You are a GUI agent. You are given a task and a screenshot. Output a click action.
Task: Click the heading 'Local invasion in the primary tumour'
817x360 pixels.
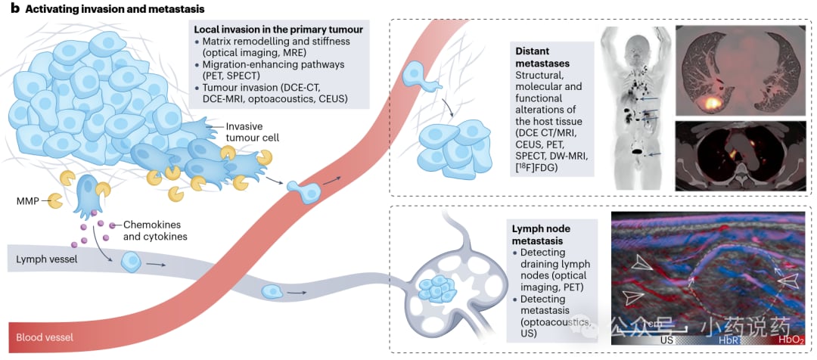click(278, 29)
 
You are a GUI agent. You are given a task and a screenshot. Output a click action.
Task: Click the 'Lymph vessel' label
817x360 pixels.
click(41, 259)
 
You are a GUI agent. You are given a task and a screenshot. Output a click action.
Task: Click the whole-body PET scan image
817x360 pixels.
click(635, 108)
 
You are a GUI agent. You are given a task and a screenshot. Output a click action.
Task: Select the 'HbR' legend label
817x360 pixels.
click(728, 340)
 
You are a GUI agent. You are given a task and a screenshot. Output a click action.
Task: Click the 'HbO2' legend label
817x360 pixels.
click(791, 341)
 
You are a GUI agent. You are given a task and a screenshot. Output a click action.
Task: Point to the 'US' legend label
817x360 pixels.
click(667, 340)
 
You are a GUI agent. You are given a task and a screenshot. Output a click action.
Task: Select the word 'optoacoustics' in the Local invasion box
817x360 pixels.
click(289, 98)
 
